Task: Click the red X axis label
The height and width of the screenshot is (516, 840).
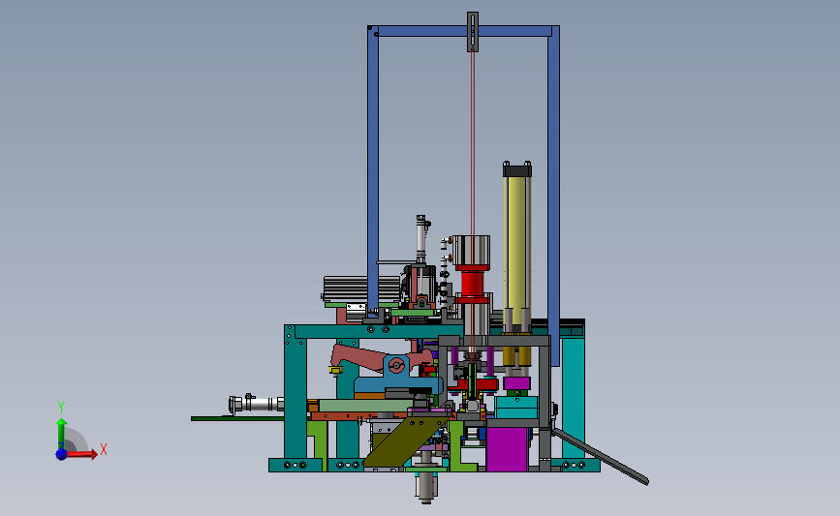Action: coord(104,449)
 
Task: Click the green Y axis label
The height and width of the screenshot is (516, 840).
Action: coord(61,408)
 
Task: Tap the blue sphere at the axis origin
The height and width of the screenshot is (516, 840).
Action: coord(62,454)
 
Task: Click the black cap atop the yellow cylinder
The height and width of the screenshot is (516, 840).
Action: coord(517,169)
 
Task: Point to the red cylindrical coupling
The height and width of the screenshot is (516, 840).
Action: coord(473,284)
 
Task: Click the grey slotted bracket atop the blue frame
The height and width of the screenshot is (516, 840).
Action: coord(473,32)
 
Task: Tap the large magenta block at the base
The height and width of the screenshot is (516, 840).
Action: coord(507,449)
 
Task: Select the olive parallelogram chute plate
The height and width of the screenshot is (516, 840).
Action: coord(407,440)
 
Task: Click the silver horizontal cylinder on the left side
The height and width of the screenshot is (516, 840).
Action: coord(256,404)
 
